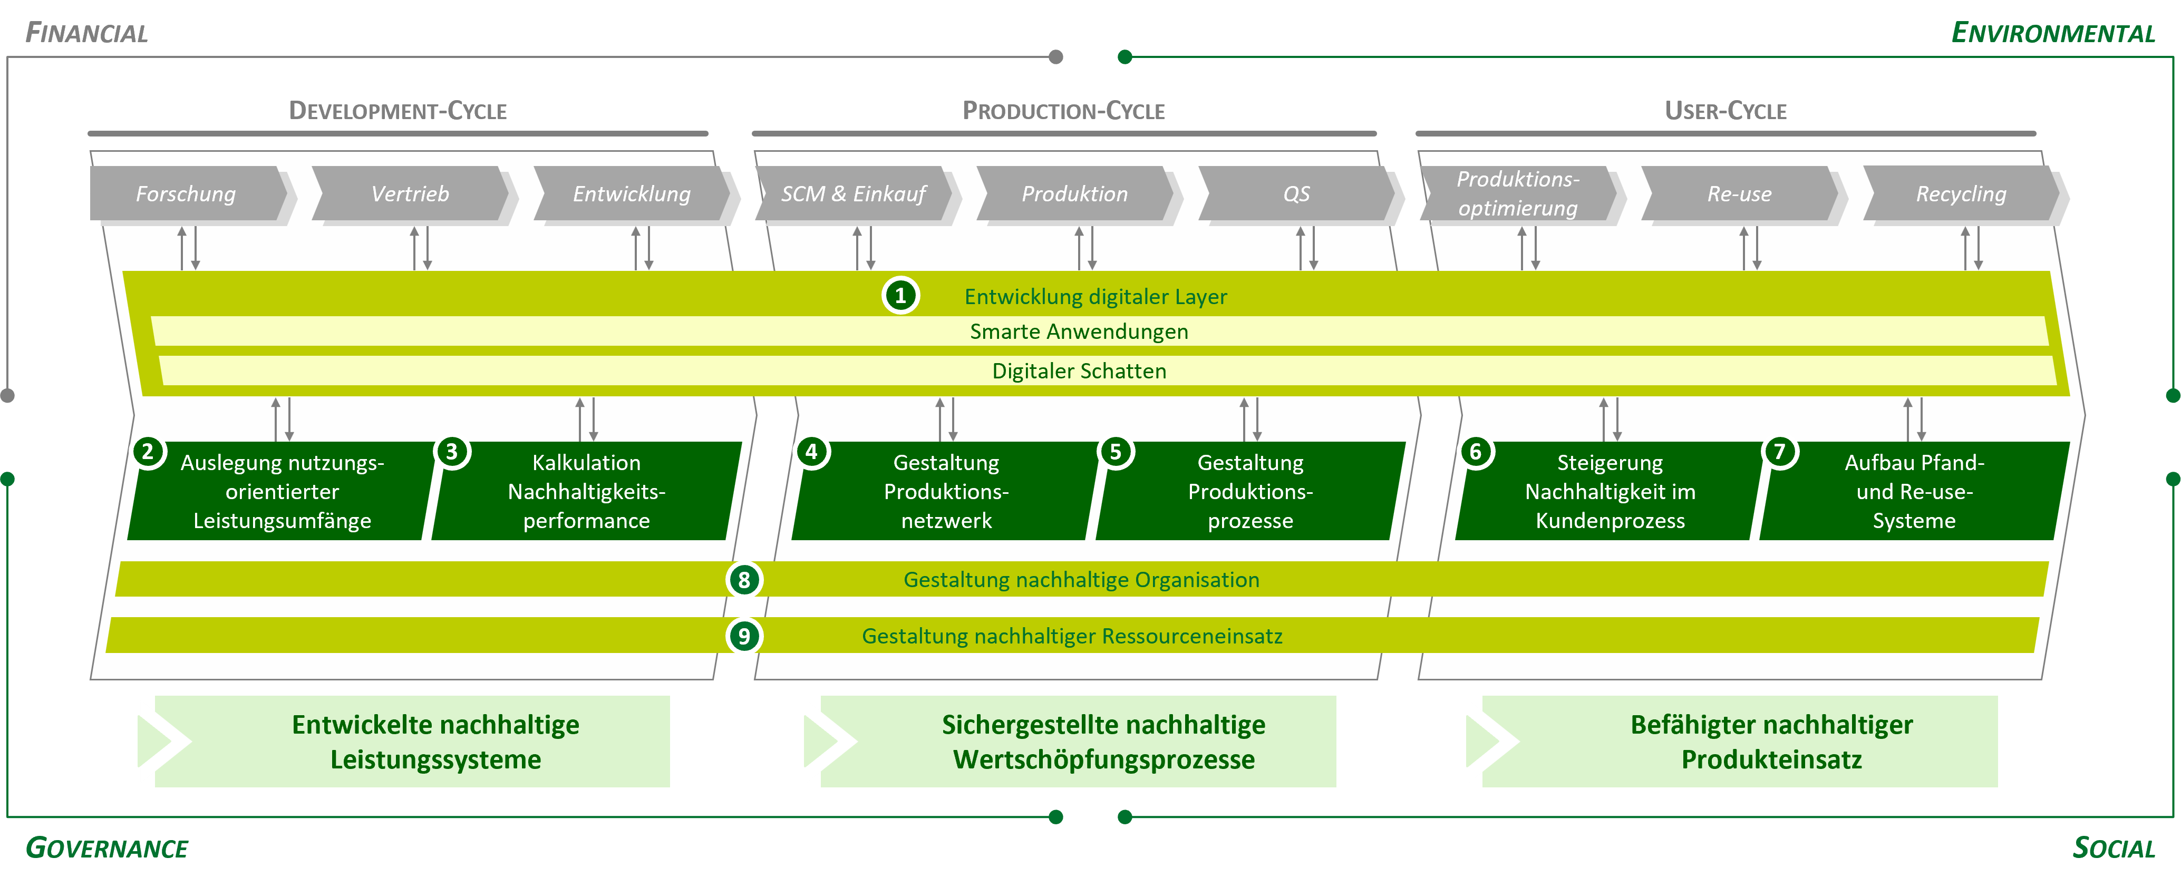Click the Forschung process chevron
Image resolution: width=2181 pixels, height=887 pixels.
coord(186,194)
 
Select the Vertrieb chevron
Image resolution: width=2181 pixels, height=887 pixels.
coord(410,194)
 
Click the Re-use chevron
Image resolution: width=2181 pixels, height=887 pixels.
coord(1739,194)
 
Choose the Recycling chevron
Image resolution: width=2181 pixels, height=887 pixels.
coord(1961,194)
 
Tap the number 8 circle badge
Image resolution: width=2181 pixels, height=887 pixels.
coord(744,580)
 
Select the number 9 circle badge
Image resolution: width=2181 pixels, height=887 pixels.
coord(744,636)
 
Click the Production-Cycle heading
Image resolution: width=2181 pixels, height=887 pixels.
coord(1063,111)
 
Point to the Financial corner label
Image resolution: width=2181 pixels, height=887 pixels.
coord(86,33)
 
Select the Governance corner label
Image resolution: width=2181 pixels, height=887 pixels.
coord(106,848)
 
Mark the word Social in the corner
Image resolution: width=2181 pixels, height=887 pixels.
coord(2114,848)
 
